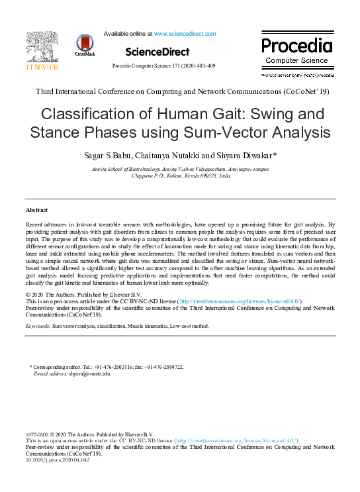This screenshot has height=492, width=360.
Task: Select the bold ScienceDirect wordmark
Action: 157,51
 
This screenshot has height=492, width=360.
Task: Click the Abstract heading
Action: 36,210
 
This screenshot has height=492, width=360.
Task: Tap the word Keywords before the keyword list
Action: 38,326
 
